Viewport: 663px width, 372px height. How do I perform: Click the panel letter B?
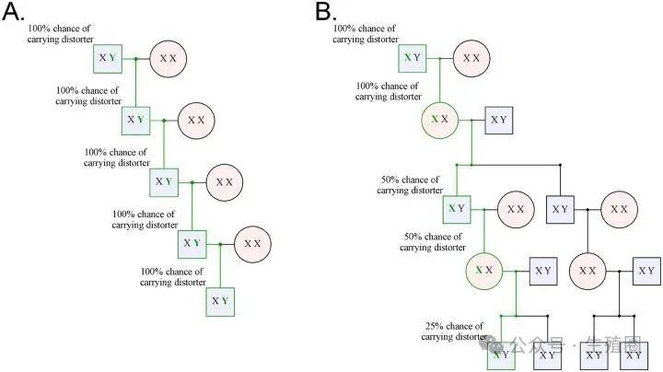coord(325,13)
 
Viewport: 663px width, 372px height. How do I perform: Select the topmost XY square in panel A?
coord(108,58)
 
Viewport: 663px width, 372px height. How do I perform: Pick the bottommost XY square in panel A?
coord(220,301)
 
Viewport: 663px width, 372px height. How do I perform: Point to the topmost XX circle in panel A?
coord(168,58)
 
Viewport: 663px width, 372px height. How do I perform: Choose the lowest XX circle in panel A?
coord(251,244)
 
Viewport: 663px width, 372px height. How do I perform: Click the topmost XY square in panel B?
coord(412,58)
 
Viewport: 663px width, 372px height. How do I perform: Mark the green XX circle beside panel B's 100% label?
coord(440,120)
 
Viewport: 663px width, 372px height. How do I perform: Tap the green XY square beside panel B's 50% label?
coord(457,208)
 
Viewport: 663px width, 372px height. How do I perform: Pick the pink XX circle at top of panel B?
coord(471,58)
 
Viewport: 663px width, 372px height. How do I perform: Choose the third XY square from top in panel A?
coord(164,181)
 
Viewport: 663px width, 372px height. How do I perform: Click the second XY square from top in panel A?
coord(135,120)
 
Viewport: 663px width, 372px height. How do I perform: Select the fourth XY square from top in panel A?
coord(192,243)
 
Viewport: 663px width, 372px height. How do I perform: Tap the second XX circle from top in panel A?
coord(195,120)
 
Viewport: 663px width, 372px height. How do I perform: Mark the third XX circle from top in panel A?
coord(224,181)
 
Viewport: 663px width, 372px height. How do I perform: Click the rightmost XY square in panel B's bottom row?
coord(634,355)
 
